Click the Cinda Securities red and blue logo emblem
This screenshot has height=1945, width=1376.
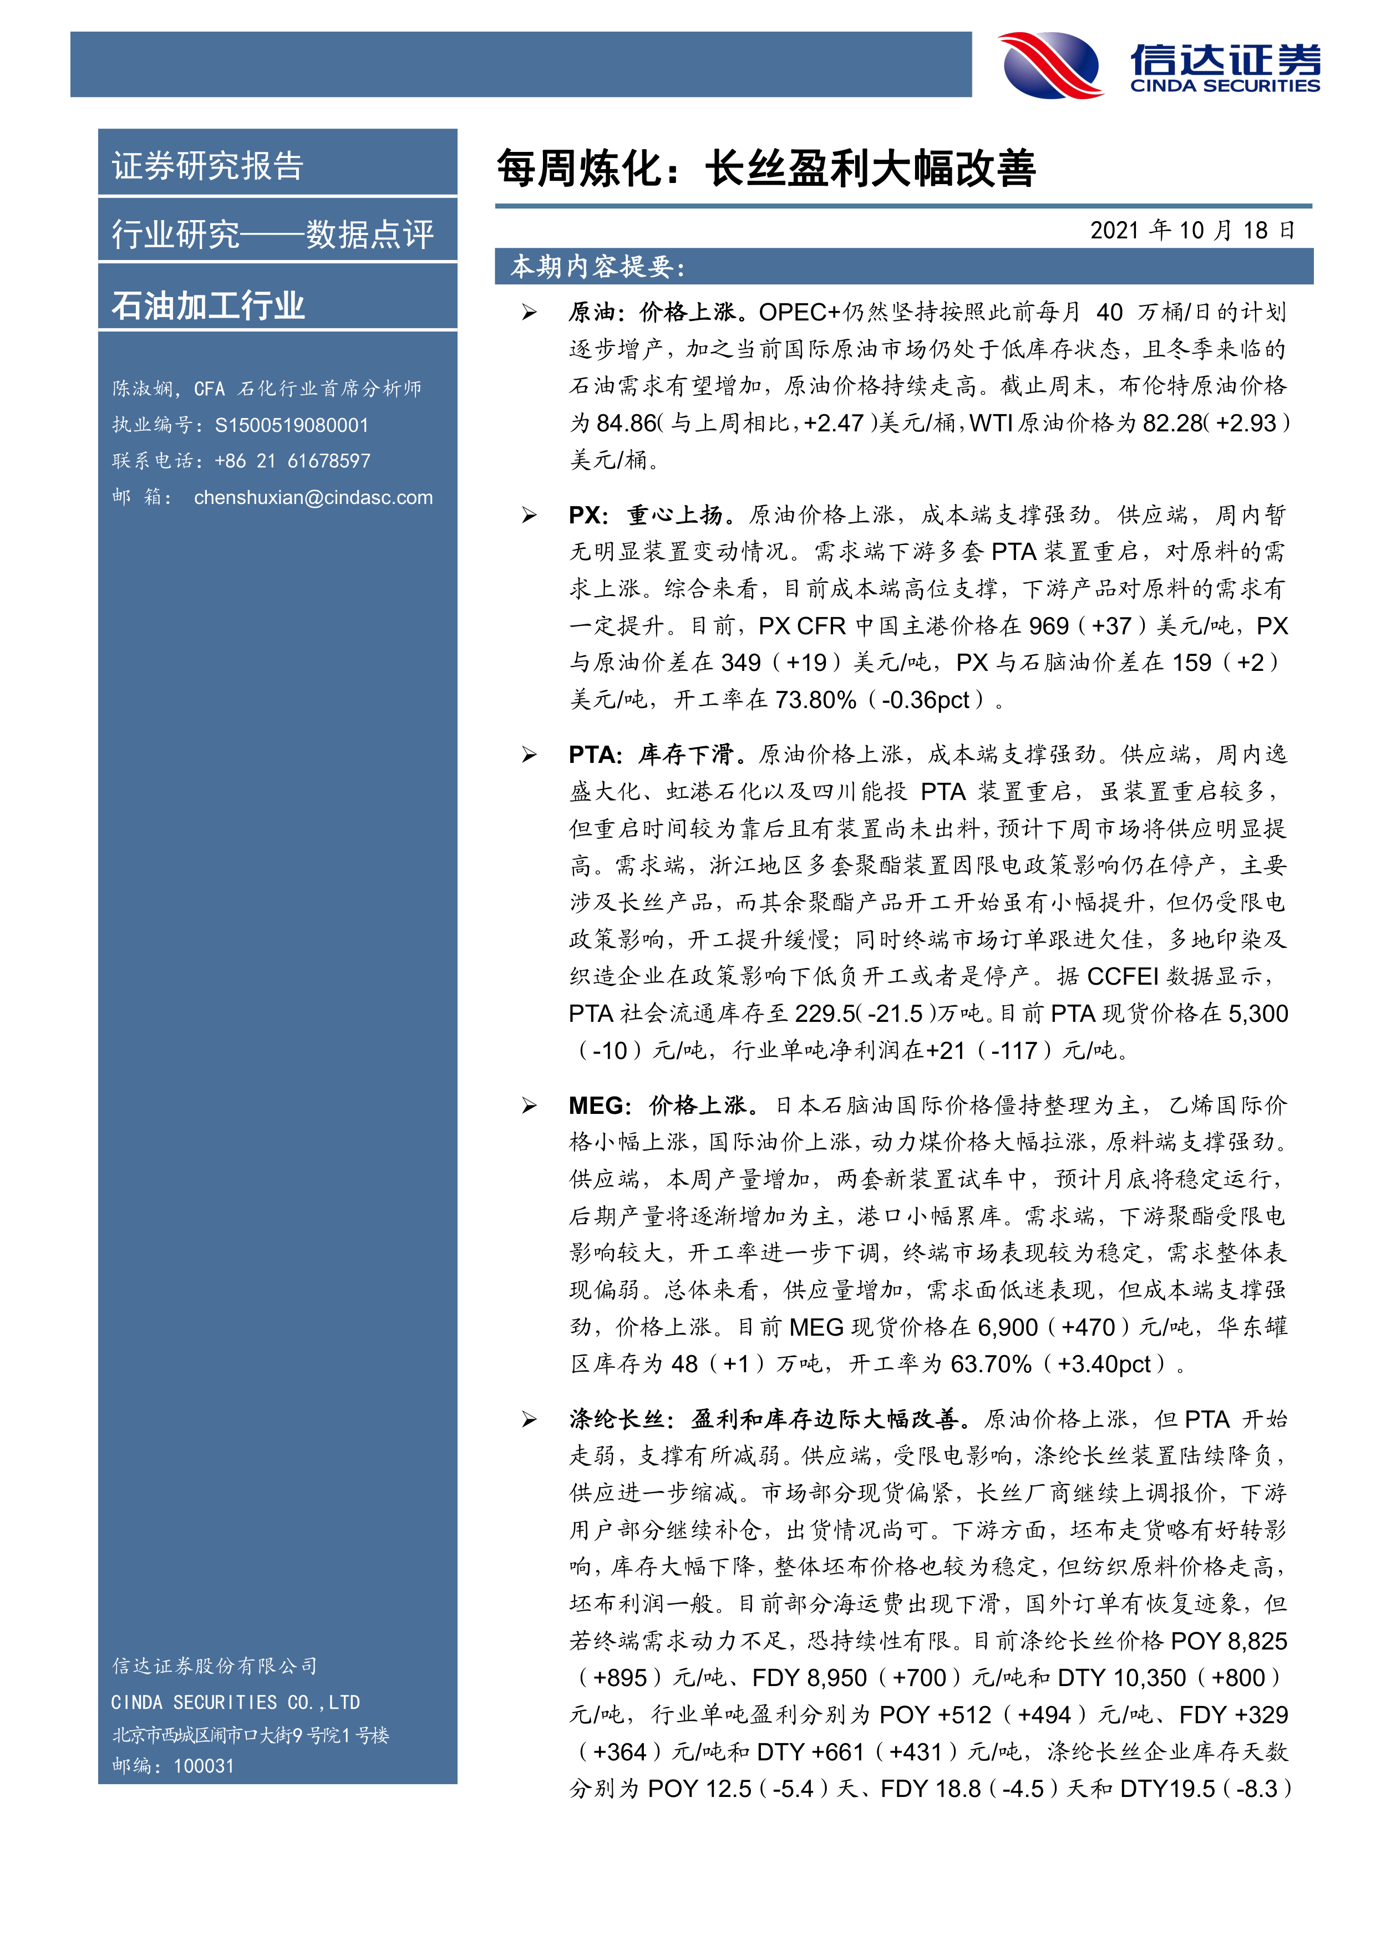point(1050,65)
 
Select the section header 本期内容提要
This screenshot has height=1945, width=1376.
point(597,267)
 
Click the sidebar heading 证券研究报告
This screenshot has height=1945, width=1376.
point(207,166)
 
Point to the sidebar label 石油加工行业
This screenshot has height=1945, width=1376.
point(207,305)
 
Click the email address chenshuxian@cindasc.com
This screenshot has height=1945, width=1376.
point(313,497)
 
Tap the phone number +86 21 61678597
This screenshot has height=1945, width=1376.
point(292,461)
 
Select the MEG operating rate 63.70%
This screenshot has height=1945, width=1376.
point(991,1364)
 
